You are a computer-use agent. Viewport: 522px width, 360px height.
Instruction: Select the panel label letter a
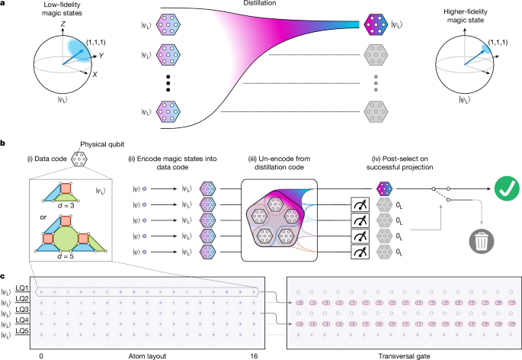tap(5, 5)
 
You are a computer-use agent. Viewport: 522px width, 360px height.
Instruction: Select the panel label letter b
tap(5, 142)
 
